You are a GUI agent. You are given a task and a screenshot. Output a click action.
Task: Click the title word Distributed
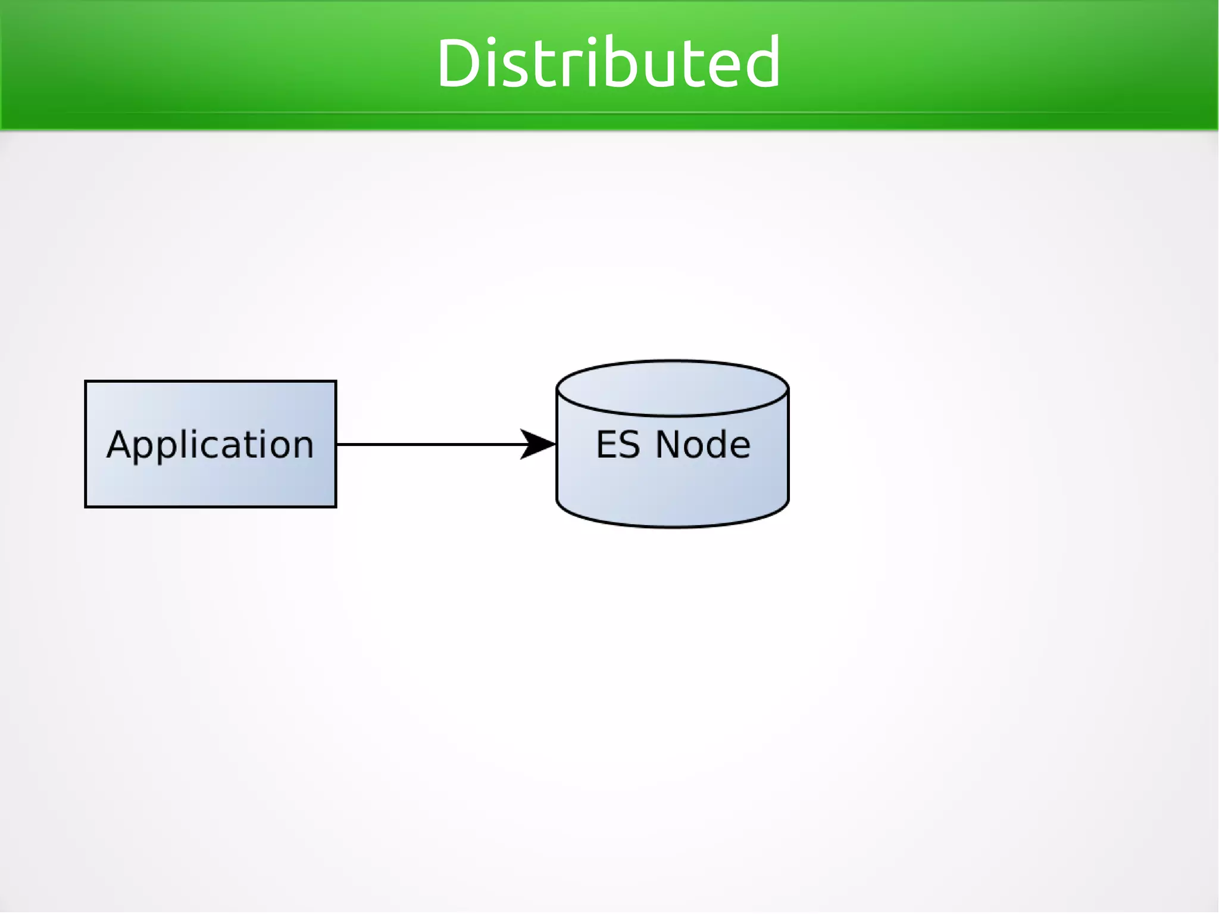tap(608, 63)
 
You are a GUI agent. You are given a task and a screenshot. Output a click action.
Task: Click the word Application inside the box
tap(210, 445)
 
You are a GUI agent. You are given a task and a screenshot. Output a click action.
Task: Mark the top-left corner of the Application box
tap(86, 381)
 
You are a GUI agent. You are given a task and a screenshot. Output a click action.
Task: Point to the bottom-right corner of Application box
tap(336, 507)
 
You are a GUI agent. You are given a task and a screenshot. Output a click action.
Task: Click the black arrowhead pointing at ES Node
tap(539, 444)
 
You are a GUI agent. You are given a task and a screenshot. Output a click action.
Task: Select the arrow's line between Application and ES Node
tap(429, 444)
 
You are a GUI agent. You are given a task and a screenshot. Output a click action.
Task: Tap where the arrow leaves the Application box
tap(337, 444)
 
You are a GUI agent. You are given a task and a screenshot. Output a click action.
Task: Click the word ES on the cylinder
tap(618, 445)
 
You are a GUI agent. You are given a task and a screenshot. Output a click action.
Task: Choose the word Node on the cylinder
tap(702, 445)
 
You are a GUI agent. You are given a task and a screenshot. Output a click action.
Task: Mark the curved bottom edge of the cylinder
tap(673, 526)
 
